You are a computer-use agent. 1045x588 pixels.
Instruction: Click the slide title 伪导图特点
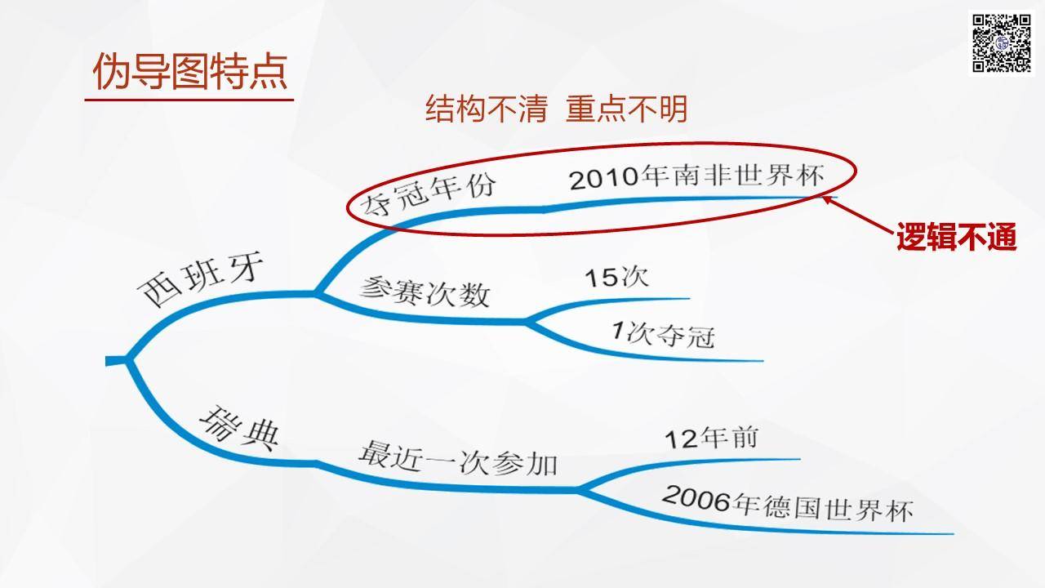tap(189, 71)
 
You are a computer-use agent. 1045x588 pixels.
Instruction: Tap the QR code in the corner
tap(1001, 43)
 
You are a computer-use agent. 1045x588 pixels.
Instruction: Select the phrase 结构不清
tap(486, 109)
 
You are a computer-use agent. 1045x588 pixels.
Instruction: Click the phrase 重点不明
tap(626, 109)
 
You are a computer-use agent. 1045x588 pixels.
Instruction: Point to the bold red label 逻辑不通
tap(956, 237)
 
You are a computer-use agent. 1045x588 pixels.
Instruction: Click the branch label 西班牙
tap(201, 279)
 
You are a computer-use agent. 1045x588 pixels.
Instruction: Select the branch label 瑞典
tap(239, 429)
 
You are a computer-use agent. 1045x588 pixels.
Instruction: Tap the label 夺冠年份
tap(429, 196)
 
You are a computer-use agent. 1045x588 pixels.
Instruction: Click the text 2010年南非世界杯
tap(697, 177)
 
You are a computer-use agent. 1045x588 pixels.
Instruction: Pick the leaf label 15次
tap(616, 277)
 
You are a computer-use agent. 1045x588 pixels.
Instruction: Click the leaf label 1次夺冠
tap(663, 334)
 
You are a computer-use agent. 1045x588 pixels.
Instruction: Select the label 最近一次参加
tap(458, 458)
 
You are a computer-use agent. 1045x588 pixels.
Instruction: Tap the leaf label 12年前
tap(711, 439)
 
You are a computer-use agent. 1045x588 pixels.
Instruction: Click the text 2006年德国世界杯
tap(788, 504)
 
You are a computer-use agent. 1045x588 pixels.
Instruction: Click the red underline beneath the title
tap(189, 100)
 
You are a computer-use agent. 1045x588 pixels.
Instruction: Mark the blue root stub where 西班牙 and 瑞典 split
tap(117, 361)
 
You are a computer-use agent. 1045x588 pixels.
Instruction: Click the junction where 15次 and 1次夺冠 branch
tap(527, 322)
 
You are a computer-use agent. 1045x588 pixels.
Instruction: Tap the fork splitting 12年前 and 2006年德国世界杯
tap(580, 489)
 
